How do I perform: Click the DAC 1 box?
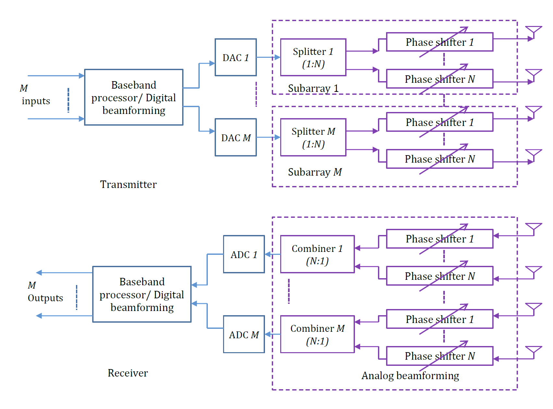tap(235, 57)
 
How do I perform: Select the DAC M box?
tap(235, 137)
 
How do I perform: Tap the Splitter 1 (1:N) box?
tap(313, 57)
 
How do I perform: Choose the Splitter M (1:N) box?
tap(313, 137)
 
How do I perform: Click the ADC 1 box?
tap(244, 254)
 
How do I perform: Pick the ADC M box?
tap(244, 334)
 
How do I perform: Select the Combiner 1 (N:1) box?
tap(317, 254)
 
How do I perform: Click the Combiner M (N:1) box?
tap(317, 334)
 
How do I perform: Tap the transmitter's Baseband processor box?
tap(133, 97)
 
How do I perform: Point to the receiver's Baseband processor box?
tap(142, 294)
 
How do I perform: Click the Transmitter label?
tap(128, 184)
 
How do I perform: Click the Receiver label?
tap(128, 373)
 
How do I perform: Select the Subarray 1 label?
tap(313, 88)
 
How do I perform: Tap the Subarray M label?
tap(315, 172)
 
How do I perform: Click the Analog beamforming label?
tap(410, 376)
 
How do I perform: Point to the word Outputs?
tap(45, 298)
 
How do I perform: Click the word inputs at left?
tap(36, 101)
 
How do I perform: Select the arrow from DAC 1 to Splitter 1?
tap(268, 57)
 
